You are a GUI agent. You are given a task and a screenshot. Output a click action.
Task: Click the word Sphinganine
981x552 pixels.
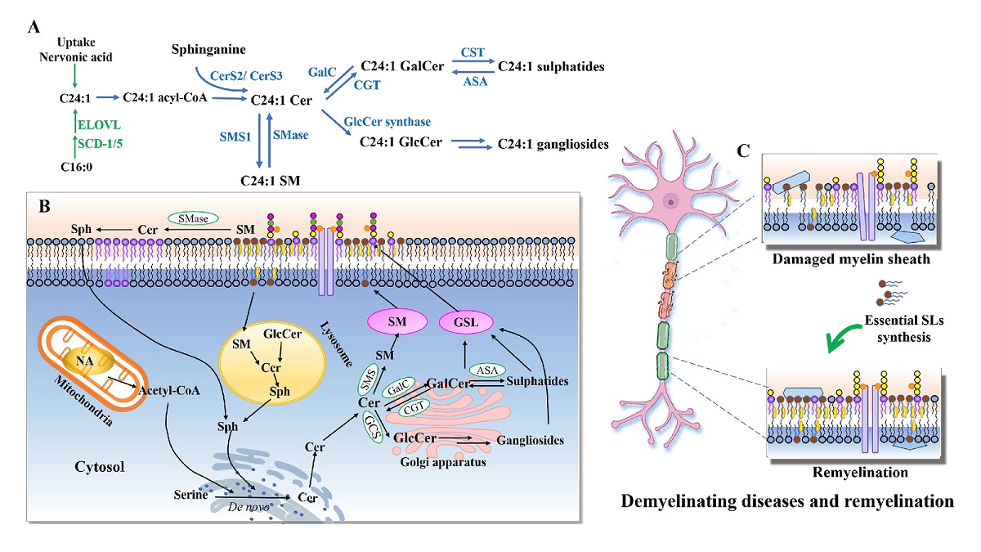tap(209, 51)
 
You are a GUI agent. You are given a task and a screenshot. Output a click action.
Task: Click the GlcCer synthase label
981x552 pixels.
tap(388, 122)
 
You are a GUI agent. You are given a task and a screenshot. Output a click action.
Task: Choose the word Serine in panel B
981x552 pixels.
tap(190, 495)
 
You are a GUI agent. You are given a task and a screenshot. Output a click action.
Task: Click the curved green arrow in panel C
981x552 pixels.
tap(845, 336)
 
